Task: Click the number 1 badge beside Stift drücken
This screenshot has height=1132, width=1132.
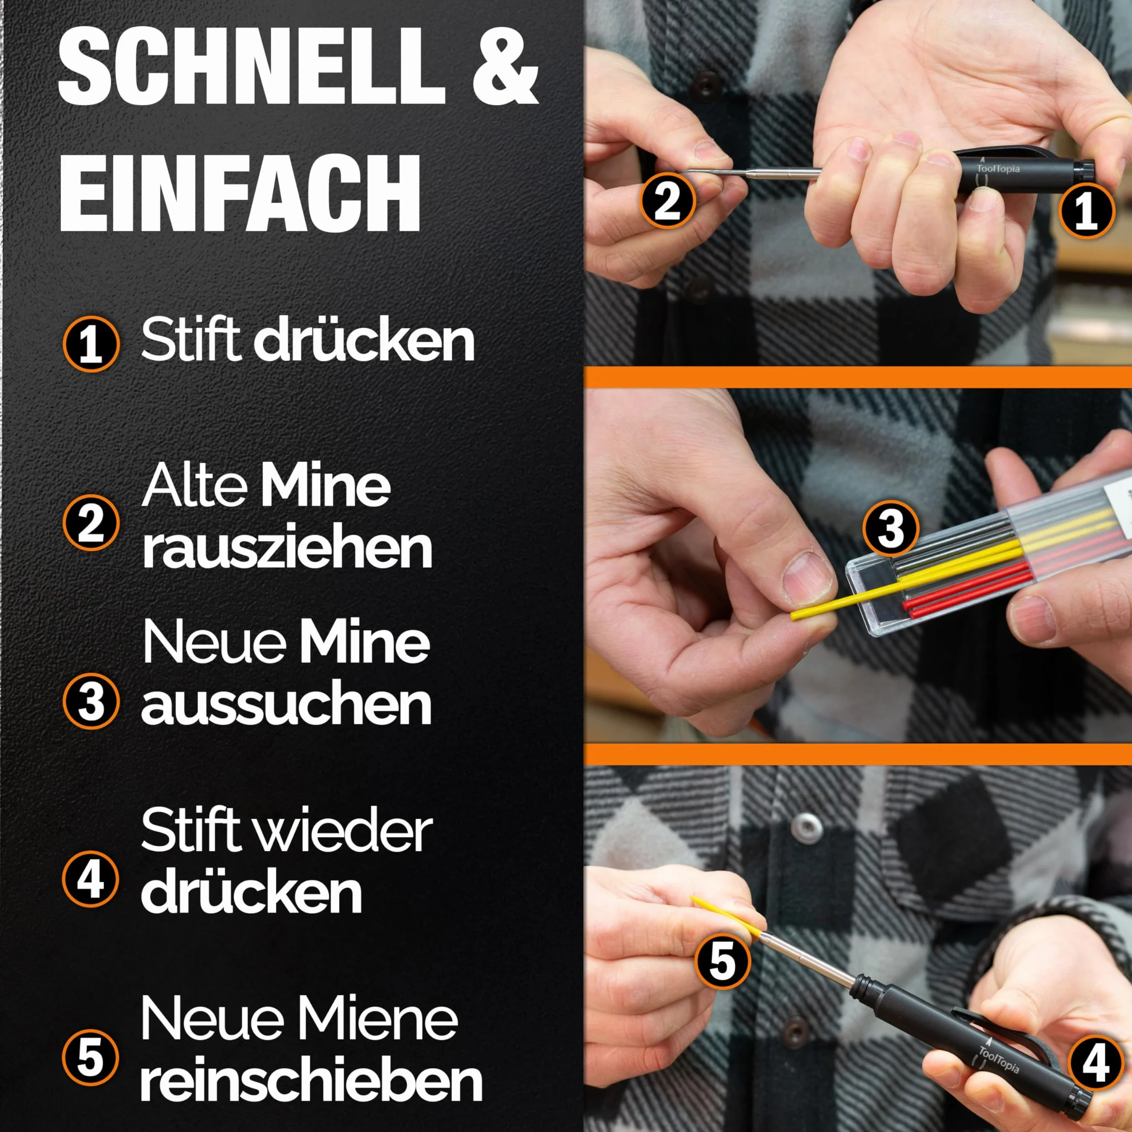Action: coord(91,345)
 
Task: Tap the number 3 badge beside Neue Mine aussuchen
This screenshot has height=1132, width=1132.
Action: coord(91,701)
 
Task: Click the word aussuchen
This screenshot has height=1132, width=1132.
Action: coord(286,707)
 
